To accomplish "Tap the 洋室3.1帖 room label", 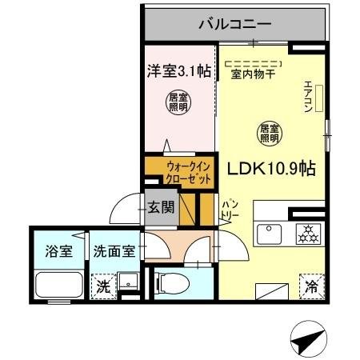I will (178, 70).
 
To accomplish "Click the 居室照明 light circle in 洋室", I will (178, 102).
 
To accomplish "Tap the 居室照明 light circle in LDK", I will (268, 133).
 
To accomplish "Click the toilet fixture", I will (170, 282).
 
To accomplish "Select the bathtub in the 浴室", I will (59, 286).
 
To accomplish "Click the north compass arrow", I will (307, 340).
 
